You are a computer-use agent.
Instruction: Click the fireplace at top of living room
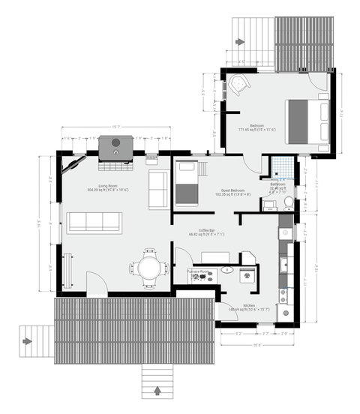click(x=115, y=146)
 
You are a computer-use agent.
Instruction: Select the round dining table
click(x=148, y=267)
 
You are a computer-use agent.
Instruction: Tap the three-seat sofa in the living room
click(x=94, y=221)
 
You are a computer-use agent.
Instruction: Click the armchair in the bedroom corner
click(x=238, y=84)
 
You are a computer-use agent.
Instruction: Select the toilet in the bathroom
click(x=288, y=202)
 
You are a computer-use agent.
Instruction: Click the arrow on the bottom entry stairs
click(x=158, y=390)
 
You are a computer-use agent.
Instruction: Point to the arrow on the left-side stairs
click(x=28, y=342)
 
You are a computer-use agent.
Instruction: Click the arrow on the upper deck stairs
click(x=239, y=42)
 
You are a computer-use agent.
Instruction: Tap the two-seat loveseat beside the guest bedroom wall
click(x=158, y=189)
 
